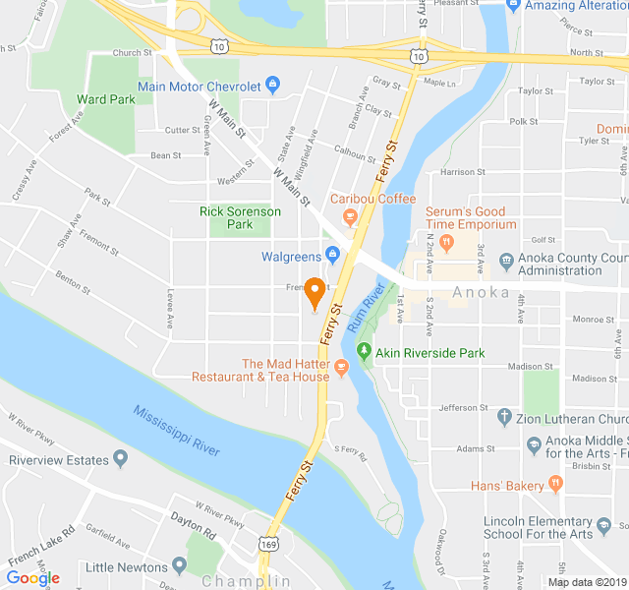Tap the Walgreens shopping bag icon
point(332,257)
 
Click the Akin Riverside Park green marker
point(365,351)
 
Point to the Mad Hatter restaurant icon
point(342,368)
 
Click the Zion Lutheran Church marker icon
point(504,417)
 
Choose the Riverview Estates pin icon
point(120,458)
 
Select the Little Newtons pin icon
point(179,565)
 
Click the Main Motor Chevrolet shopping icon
point(273,86)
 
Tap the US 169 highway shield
point(271,544)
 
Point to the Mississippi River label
point(176,431)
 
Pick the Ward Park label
point(105,99)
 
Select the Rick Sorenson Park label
point(240,217)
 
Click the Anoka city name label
point(481,292)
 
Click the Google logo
point(32,578)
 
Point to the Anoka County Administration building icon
point(505,262)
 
